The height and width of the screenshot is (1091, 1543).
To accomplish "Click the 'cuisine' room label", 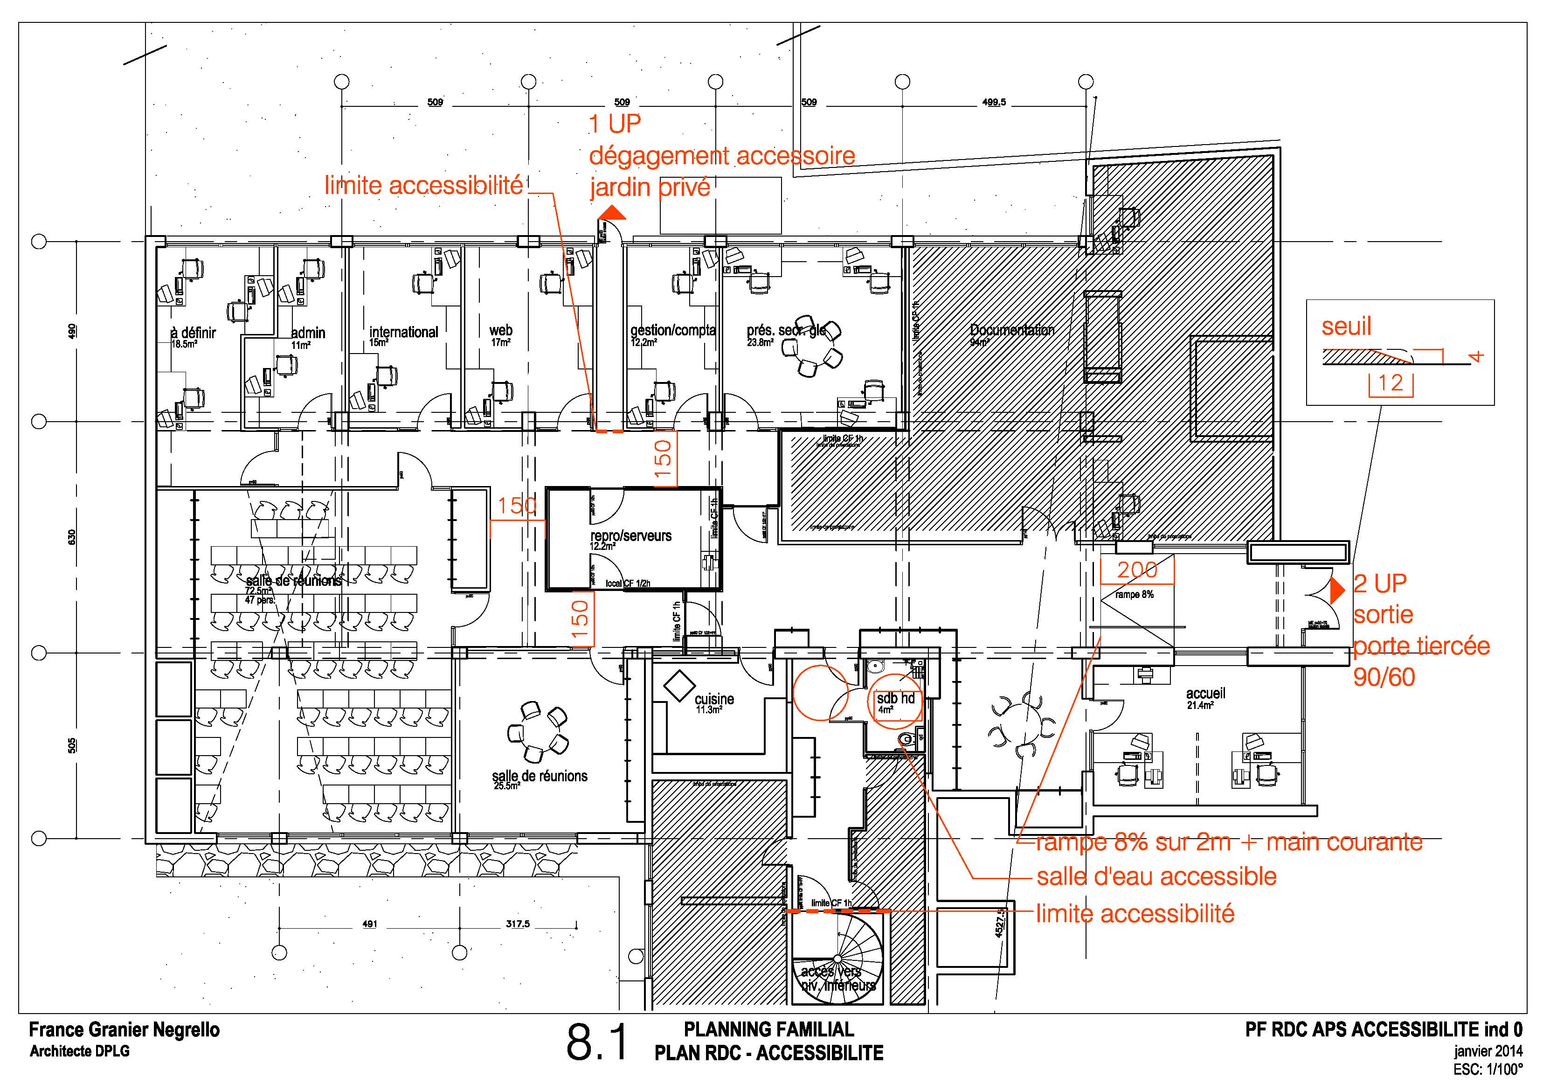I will pyautogui.click(x=714, y=699).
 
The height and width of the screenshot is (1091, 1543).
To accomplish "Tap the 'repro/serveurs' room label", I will pyautogui.click(x=630, y=536).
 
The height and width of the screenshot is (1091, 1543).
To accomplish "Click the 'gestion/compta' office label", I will pyautogui.click(x=672, y=330).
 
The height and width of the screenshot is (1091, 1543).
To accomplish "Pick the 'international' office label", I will pyautogui.click(x=403, y=332).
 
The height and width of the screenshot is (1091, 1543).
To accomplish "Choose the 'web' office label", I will pyautogui.click(x=501, y=330).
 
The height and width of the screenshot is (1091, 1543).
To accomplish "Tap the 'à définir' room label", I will pyautogui.click(x=194, y=333).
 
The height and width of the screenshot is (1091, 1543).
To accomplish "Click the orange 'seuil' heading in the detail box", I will pyautogui.click(x=1346, y=327).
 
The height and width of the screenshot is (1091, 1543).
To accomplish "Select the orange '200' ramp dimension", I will pyautogui.click(x=1137, y=570).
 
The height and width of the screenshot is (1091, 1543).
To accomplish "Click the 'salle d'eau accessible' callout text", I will pyautogui.click(x=1156, y=876).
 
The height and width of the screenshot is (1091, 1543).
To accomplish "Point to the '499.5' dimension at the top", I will pyautogui.click(x=994, y=102).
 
